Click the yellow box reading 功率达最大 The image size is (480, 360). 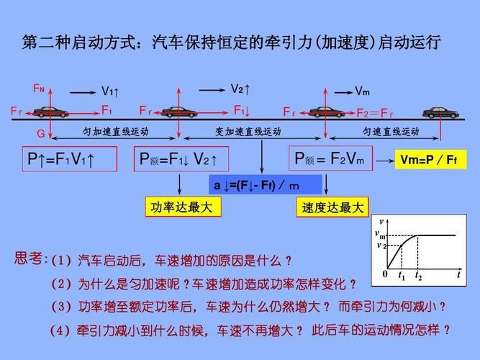[x=183, y=207]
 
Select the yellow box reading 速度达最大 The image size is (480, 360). [x=332, y=207]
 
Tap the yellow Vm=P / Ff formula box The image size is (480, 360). [x=431, y=159]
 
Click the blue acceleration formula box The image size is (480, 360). [x=266, y=185]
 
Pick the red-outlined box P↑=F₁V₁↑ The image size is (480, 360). [x=70, y=159]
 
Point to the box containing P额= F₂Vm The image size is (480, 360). [x=330, y=158]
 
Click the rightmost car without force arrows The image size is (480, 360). [x=440, y=113]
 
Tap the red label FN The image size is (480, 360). [x=39, y=89]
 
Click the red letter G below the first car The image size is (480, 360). [x=41, y=134]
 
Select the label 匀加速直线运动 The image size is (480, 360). [x=115, y=132]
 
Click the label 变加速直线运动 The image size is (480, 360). [x=248, y=132]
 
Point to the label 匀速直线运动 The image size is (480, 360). [x=391, y=132]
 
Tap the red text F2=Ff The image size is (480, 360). [x=375, y=113]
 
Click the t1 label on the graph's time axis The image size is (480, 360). [x=402, y=276]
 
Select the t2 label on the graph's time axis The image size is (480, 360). [x=418, y=276]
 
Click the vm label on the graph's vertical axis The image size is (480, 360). [x=380, y=235]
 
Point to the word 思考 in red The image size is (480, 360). [x=28, y=258]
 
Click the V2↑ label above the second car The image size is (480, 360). [x=240, y=89]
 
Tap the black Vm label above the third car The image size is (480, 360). [x=362, y=91]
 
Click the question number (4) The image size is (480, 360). [x=60, y=330]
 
